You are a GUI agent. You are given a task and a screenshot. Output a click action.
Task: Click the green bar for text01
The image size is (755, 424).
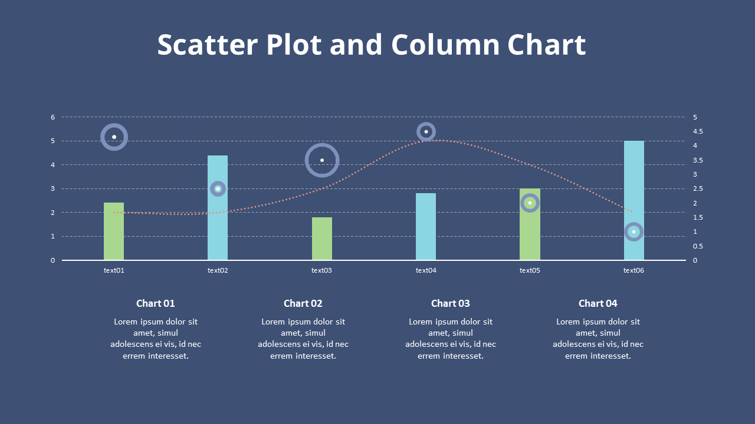tap(114, 231)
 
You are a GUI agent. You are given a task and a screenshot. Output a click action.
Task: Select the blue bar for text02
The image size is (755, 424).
tap(218, 224)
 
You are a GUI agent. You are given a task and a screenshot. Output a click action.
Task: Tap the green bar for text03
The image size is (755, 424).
tap(322, 238)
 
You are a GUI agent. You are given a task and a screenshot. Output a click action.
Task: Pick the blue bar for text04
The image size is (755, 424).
tap(426, 227)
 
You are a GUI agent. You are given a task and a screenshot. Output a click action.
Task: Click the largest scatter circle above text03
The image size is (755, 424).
tap(322, 160)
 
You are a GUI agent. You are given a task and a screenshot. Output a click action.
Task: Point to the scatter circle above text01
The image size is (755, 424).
tap(114, 137)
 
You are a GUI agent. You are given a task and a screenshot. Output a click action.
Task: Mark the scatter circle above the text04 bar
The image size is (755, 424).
tap(426, 131)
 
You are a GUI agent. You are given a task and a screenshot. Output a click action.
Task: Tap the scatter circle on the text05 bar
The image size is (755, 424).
tap(530, 203)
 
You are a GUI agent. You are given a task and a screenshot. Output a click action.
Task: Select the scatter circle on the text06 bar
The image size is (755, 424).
tap(634, 232)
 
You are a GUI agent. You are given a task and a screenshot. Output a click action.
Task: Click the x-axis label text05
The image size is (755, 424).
tap(530, 270)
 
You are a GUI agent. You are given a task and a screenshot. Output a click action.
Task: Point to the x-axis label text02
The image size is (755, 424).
tap(218, 270)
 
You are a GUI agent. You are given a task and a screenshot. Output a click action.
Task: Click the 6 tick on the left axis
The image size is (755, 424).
tap(52, 117)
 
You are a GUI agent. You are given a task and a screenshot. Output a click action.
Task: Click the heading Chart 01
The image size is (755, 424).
tap(156, 303)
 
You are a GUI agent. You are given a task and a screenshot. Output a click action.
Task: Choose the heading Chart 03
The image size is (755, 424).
tap(451, 303)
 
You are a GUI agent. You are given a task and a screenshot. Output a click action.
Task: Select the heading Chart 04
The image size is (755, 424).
tap(598, 303)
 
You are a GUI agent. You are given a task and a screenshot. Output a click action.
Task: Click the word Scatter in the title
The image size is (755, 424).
tap(208, 45)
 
